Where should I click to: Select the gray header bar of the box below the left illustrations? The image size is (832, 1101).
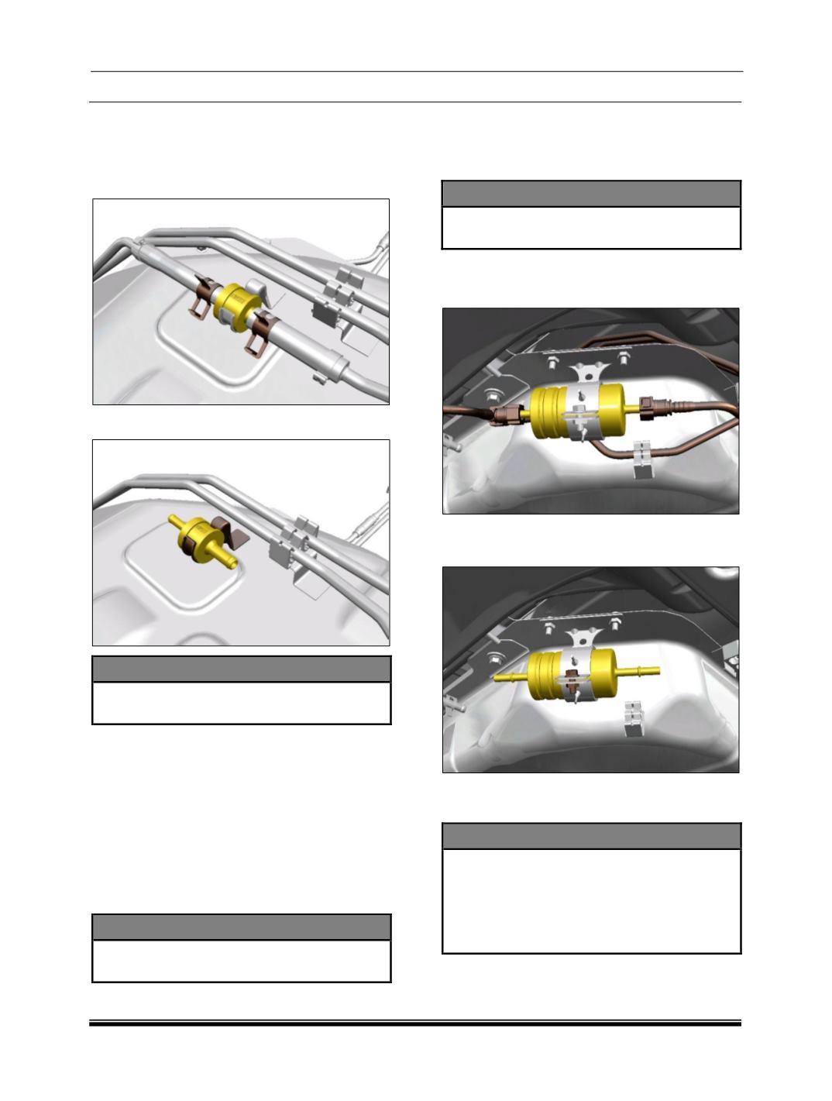tap(241, 669)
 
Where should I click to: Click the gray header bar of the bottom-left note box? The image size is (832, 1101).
tap(241, 927)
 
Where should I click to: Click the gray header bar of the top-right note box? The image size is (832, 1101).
tap(591, 193)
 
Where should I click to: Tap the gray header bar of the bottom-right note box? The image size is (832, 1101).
tap(591, 836)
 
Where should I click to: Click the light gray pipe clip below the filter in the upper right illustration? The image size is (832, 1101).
tap(641, 459)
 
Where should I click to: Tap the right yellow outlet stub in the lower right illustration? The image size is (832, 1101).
tap(639, 668)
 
